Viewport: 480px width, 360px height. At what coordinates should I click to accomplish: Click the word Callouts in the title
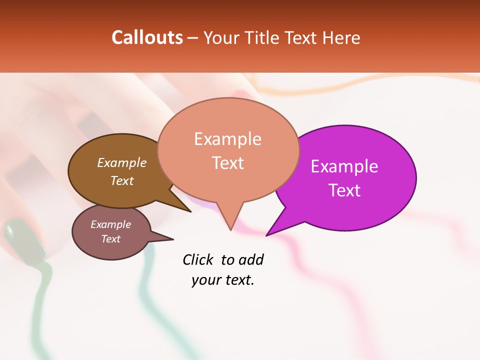(x=147, y=37)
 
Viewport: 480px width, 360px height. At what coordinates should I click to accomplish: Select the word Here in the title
(x=341, y=37)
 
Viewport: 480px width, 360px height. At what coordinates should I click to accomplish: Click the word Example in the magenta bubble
(x=344, y=166)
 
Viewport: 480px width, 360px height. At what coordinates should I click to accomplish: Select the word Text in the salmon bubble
(x=228, y=163)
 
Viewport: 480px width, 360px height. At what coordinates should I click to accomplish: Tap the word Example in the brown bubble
(x=122, y=162)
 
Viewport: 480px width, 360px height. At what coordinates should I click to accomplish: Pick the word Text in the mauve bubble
(x=111, y=239)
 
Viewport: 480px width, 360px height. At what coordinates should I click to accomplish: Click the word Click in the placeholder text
(x=198, y=259)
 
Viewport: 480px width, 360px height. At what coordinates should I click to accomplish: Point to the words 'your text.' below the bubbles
(x=223, y=280)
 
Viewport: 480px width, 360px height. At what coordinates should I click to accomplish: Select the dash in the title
(x=192, y=38)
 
